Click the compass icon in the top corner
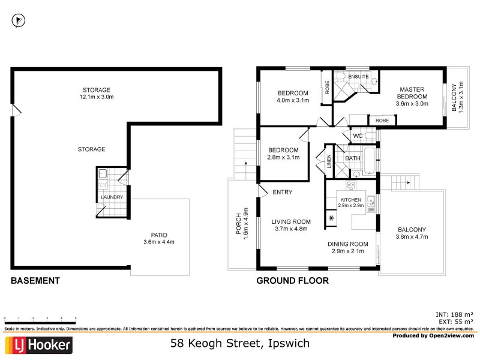pos(19,20)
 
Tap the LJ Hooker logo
pos(39,345)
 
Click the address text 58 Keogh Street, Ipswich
pos(239,344)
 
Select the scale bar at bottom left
pos(40,319)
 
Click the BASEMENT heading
pos(35,280)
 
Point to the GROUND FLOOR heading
pos(292,280)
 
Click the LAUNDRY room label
pos(112,197)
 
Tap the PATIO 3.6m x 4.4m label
pos(159,238)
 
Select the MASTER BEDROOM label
pos(412,97)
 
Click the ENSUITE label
pos(358,77)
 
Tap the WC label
pos(358,136)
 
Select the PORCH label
pos(238,226)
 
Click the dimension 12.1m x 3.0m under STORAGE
pos(97,97)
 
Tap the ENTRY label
pos(282,192)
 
